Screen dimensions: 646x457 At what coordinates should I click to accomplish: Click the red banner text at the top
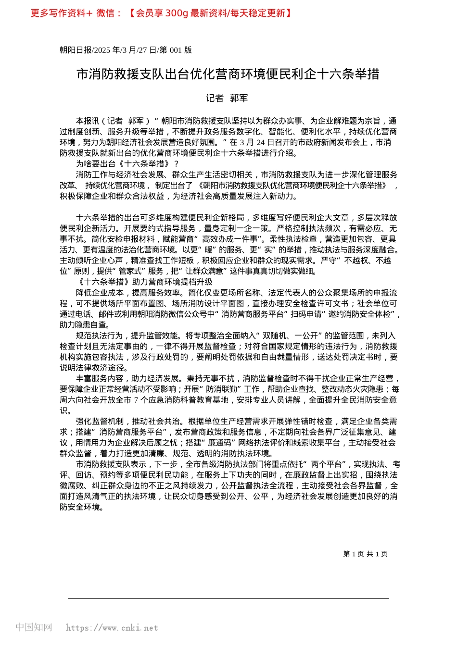point(161,13)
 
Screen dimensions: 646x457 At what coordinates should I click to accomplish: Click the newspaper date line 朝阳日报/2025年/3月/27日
point(126,50)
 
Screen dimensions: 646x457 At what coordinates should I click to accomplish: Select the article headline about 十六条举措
point(228,74)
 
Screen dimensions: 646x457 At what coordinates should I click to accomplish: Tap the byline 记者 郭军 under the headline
point(227,98)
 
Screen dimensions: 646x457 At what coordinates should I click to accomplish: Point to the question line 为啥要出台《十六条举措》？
point(127,164)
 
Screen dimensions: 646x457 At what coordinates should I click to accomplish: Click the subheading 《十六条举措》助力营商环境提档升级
point(144,282)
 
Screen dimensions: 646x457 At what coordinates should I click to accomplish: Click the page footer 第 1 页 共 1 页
point(365,554)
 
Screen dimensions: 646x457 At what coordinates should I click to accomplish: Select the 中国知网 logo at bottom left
point(34,627)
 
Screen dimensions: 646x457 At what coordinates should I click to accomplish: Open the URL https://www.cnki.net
point(112,628)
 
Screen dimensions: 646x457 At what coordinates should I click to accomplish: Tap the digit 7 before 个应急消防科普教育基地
point(136,400)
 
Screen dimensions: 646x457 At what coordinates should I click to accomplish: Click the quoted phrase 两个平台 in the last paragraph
point(329,464)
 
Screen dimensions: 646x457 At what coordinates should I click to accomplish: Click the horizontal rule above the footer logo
point(228,598)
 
